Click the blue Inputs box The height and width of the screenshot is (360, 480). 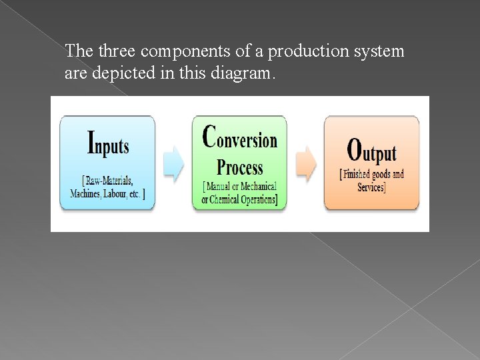coord(107,163)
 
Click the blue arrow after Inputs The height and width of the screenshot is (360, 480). coord(173,164)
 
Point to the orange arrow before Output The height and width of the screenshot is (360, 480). coord(305,164)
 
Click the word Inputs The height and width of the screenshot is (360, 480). coord(108,142)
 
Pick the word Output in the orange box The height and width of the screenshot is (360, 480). coord(371,151)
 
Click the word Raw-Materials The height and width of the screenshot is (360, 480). coord(109,181)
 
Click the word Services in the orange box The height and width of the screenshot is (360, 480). coord(371,187)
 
